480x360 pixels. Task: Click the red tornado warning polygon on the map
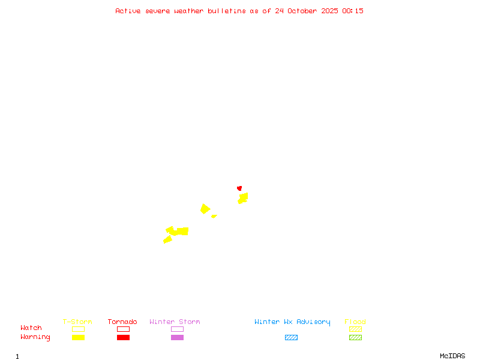[239, 188]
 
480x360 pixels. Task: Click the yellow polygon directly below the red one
[243, 197]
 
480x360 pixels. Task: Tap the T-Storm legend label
[77, 322]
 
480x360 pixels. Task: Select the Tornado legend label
[122, 322]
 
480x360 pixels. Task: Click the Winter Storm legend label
[175, 322]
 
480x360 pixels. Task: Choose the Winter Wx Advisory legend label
[292, 322]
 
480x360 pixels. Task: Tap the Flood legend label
[355, 322]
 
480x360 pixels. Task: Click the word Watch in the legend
[31, 328]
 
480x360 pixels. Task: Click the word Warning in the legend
[35, 337]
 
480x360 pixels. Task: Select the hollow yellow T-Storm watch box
[78, 329]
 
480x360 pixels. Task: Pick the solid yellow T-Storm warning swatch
[78, 337]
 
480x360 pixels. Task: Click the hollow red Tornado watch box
[123, 329]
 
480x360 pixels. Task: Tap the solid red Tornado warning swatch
[123, 337]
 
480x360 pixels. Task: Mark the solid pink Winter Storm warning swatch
[177, 337]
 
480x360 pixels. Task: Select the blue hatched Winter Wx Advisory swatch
[291, 337]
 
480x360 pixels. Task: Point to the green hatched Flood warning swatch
[355, 337]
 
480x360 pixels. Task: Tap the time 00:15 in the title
[353, 11]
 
